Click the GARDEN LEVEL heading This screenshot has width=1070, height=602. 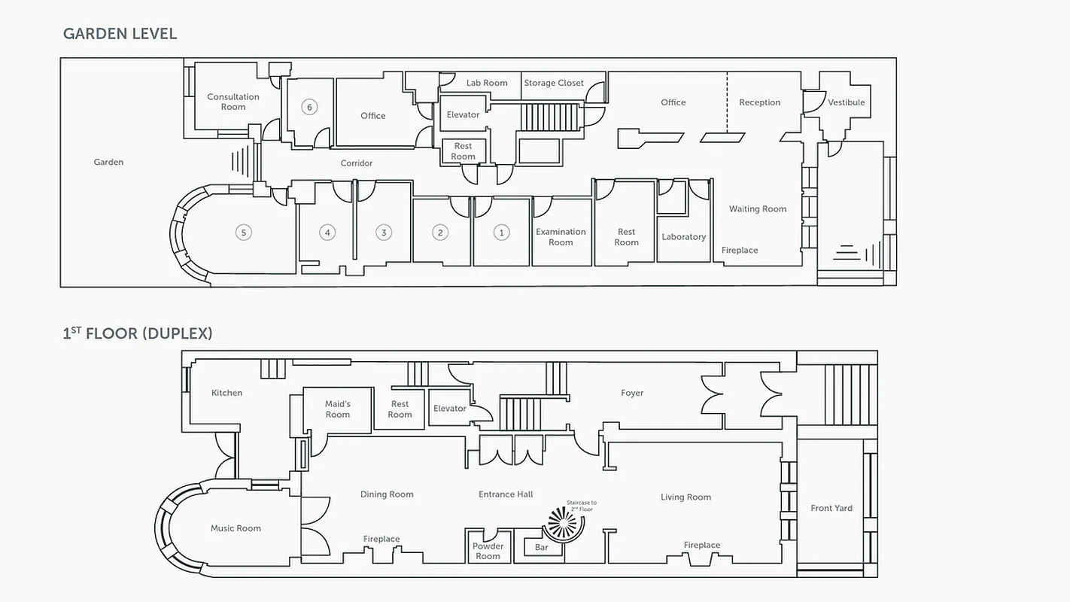coord(120,33)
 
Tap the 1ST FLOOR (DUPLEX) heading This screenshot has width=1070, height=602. coord(138,333)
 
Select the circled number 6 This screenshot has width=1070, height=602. coord(309,107)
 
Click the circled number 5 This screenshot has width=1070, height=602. coord(243,233)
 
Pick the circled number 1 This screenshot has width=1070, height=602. coord(501,233)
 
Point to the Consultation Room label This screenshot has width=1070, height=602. coord(233,102)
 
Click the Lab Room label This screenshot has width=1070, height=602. coord(487,83)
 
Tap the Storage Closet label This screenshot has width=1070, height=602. coord(554,83)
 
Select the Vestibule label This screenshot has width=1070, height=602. coord(846,102)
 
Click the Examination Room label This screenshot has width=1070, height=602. coord(561,237)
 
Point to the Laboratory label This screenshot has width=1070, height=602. coord(683,237)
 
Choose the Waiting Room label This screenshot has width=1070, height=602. coord(758,209)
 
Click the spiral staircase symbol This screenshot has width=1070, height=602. coord(561,522)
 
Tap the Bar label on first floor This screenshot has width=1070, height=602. coord(542,547)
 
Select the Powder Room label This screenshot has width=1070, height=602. coord(488,551)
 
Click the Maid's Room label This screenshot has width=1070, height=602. coord(338,409)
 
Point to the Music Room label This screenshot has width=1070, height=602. coord(236,528)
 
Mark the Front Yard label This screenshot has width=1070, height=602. coord(831,508)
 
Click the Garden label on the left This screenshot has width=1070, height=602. coord(108,162)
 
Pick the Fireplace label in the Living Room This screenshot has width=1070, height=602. coord(701,545)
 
